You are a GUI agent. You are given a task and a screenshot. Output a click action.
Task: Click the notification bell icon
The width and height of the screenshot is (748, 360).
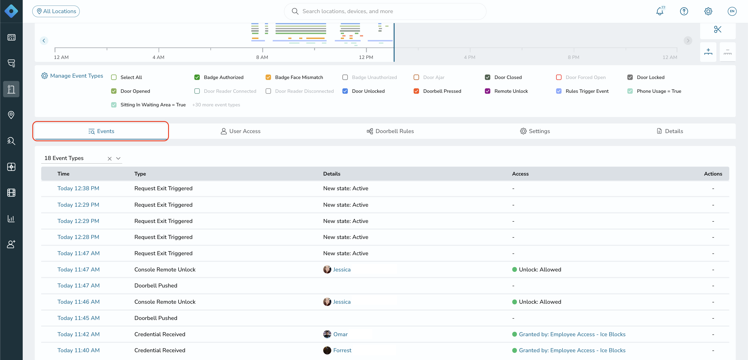tap(660, 11)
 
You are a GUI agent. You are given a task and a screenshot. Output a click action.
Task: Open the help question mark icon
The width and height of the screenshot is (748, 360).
tap(684, 11)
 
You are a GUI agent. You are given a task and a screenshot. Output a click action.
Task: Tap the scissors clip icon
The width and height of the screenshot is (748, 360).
tap(718, 29)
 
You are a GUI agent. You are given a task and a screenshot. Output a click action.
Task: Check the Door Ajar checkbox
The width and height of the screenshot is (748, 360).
tap(416, 77)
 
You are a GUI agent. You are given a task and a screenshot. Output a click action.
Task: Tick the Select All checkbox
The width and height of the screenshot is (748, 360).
tap(114, 77)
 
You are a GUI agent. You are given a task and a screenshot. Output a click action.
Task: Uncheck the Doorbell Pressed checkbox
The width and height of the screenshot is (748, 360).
tap(416, 91)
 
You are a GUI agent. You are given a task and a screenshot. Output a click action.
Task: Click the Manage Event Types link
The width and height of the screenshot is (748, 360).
tap(72, 76)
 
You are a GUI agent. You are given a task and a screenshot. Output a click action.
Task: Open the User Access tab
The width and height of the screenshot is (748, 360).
tap(240, 131)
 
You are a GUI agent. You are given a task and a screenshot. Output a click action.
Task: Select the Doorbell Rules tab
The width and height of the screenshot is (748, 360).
tap(390, 131)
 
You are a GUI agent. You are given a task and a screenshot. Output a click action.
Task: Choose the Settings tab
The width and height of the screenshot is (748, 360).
tap(535, 131)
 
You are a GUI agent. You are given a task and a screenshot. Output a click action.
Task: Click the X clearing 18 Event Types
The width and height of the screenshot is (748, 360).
tap(110, 158)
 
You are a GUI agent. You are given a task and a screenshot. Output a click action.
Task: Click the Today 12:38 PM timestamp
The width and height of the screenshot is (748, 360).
tap(78, 188)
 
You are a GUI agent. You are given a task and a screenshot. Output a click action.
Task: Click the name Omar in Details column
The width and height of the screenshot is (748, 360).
tap(340, 334)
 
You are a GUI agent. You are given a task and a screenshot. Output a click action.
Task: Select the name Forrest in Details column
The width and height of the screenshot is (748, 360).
tap(342, 350)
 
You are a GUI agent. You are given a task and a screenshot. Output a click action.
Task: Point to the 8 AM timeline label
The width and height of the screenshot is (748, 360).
tap(262, 57)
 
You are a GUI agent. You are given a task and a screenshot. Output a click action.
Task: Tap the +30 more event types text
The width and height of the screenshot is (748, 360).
tap(216, 105)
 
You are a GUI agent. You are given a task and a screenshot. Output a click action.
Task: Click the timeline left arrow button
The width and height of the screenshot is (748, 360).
tap(44, 41)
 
